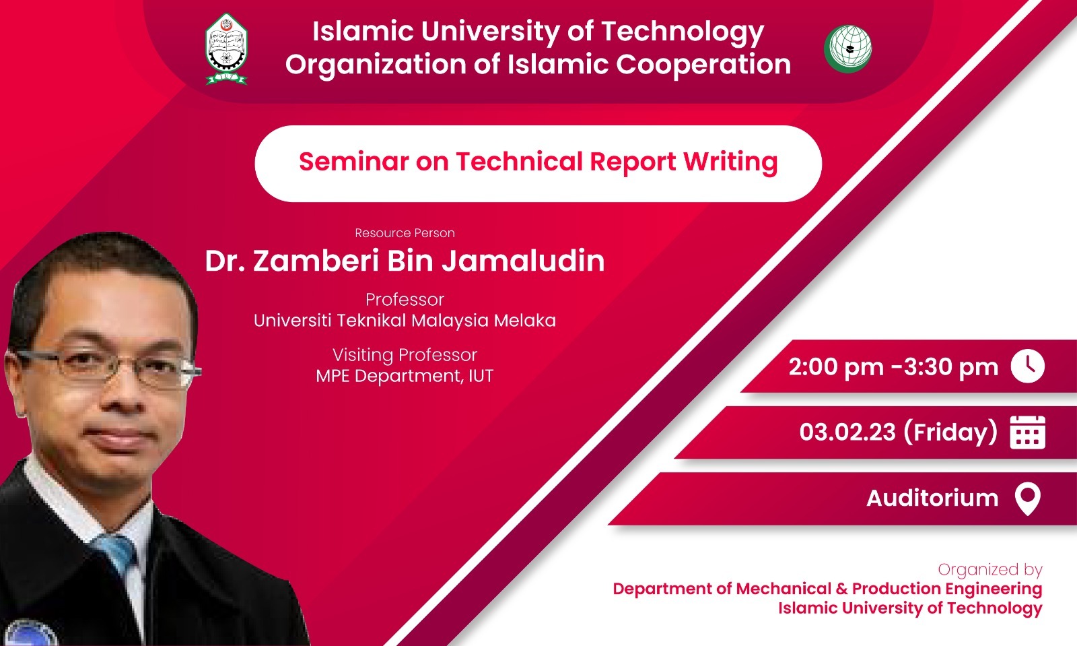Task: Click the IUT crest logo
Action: click(x=226, y=49)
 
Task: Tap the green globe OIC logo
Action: click(x=848, y=49)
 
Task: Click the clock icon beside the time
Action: click(x=1027, y=366)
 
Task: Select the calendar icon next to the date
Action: click(x=1027, y=432)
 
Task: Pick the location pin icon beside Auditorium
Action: click(x=1027, y=499)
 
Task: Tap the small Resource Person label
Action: click(x=405, y=233)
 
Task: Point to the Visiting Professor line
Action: click(x=405, y=355)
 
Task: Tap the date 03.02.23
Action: click(x=847, y=432)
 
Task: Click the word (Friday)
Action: click(x=950, y=432)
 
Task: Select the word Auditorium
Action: click(x=932, y=498)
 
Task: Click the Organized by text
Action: click(x=990, y=569)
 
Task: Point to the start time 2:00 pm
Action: click(x=836, y=367)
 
